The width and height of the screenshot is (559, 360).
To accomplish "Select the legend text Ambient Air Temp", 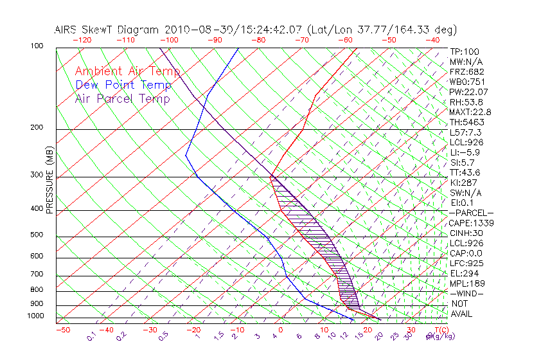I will pyautogui.click(x=127, y=71).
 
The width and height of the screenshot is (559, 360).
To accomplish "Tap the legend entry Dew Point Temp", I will pyautogui.click(x=123, y=85).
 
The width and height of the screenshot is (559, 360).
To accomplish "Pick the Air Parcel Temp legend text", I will pyautogui.click(x=122, y=98).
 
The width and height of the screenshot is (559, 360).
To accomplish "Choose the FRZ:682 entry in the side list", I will pyautogui.click(x=466, y=72).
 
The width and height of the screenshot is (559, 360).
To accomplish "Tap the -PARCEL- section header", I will pyautogui.click(x=471, y=213).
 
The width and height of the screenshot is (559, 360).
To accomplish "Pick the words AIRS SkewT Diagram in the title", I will pyautogui.click(x=107, y=30).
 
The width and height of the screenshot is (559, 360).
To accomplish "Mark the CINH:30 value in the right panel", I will pyautogui.click(x=465, y=233).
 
